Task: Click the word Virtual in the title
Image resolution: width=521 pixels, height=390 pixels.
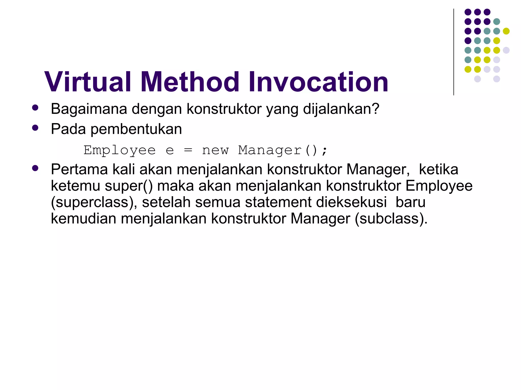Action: [88, 82]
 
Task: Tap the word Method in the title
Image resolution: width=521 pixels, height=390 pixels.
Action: [190, 82]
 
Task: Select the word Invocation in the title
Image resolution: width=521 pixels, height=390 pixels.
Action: [318, 82]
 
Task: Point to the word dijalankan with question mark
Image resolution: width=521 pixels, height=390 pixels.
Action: [341, 109]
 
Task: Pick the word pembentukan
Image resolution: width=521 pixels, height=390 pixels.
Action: [136, 129]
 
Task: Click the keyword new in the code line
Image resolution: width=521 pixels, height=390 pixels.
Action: [215, 150]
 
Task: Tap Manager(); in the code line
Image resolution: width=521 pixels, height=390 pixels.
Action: [282, 150]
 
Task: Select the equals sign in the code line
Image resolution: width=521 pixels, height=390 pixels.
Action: [188, 150]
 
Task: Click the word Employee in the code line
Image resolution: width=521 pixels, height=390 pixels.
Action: [120, 150]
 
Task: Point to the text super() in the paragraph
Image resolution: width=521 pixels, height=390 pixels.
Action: [129, 186]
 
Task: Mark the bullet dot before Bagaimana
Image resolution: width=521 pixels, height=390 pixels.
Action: [35, 107]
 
